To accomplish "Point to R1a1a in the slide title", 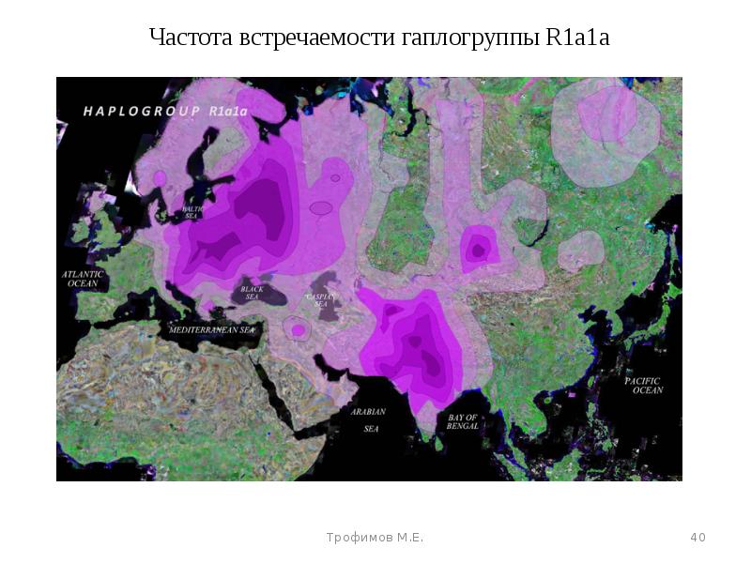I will tap(576, 38).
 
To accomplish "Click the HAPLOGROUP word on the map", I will tap(142, 111).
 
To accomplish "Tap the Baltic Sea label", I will tap(192, 212).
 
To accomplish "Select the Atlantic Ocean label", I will tap(83, 279).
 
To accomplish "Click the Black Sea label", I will tap(251, 294).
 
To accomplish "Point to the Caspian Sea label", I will tap(321, 300).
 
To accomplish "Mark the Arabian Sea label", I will tap(369, 419).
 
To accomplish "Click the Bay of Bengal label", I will tap(463, 421).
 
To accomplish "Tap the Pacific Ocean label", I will tap(644, 385).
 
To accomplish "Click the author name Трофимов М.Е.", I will tap(375, 538).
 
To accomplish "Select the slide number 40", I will tap(697, 538).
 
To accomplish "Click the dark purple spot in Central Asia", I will tap(478, 251).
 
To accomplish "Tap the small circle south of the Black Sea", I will tap(299, 329).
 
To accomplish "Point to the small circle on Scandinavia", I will tap(160, 177).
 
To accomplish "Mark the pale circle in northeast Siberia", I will tap(606, 117).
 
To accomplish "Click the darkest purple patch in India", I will tap(431, 361).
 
